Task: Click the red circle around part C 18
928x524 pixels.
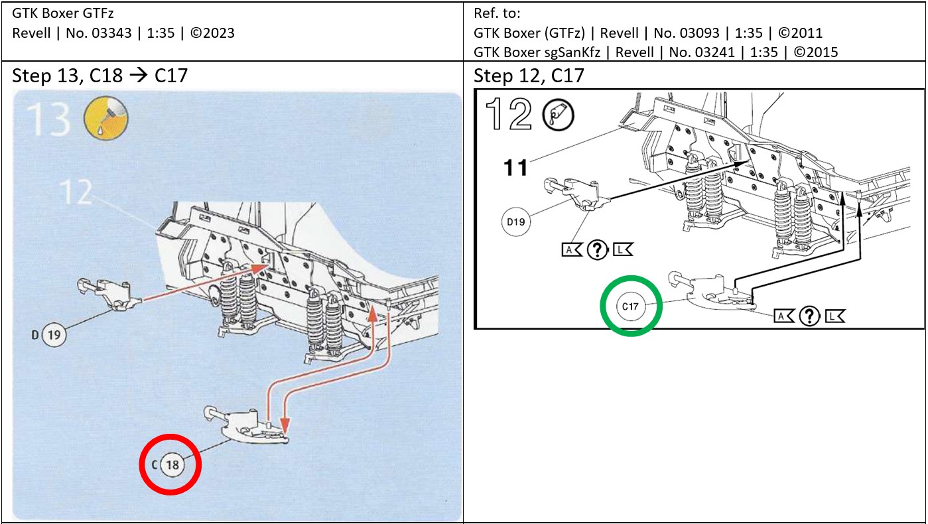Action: [x=170, y=464]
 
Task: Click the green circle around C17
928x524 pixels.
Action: [x=631, y=305]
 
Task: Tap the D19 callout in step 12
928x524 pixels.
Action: [x=515, y=222]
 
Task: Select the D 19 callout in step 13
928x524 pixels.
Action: [x=53, y=335]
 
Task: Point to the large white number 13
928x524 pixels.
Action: [x=48, y=119]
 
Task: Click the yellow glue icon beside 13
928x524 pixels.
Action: [x=105, y=119]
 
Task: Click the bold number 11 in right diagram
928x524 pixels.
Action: [x=515, y=167]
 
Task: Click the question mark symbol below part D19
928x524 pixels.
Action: [x=598, y=249]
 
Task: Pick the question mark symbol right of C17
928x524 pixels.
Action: [x=809, y=316]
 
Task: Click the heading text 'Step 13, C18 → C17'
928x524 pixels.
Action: [x=99, y=76]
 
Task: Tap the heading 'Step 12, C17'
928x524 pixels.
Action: [x=529, y=76]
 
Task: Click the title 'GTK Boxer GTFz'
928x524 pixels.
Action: [x=54, y=13]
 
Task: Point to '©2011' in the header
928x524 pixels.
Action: [x=803, y=33]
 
